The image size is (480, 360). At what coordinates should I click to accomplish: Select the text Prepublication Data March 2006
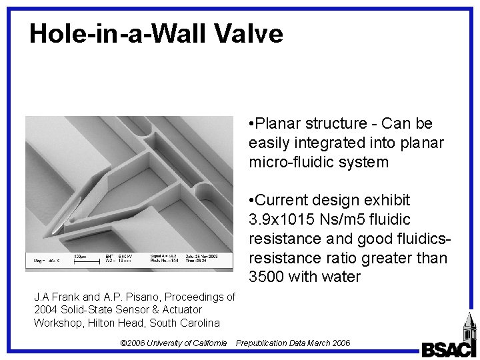point(293,343)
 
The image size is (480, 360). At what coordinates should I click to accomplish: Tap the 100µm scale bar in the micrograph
point(79,258)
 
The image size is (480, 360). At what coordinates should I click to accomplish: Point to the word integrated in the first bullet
point(315,143)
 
